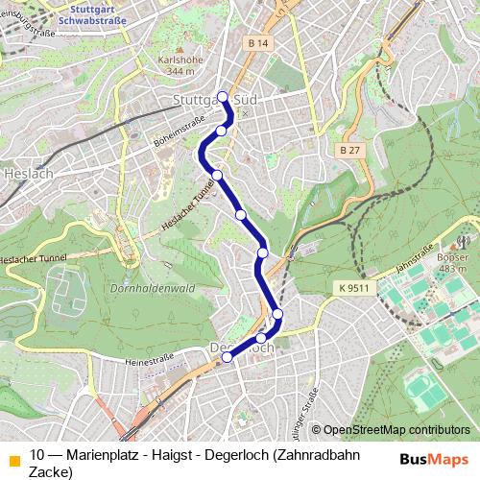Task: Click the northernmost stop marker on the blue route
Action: click(x=223, y=96)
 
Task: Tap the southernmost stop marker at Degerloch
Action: click(x=227, y=357)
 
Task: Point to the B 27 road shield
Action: click(x=350, y=151)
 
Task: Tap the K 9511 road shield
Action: click(x=353, y=287)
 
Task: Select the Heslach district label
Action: click(x=21, y=175)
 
